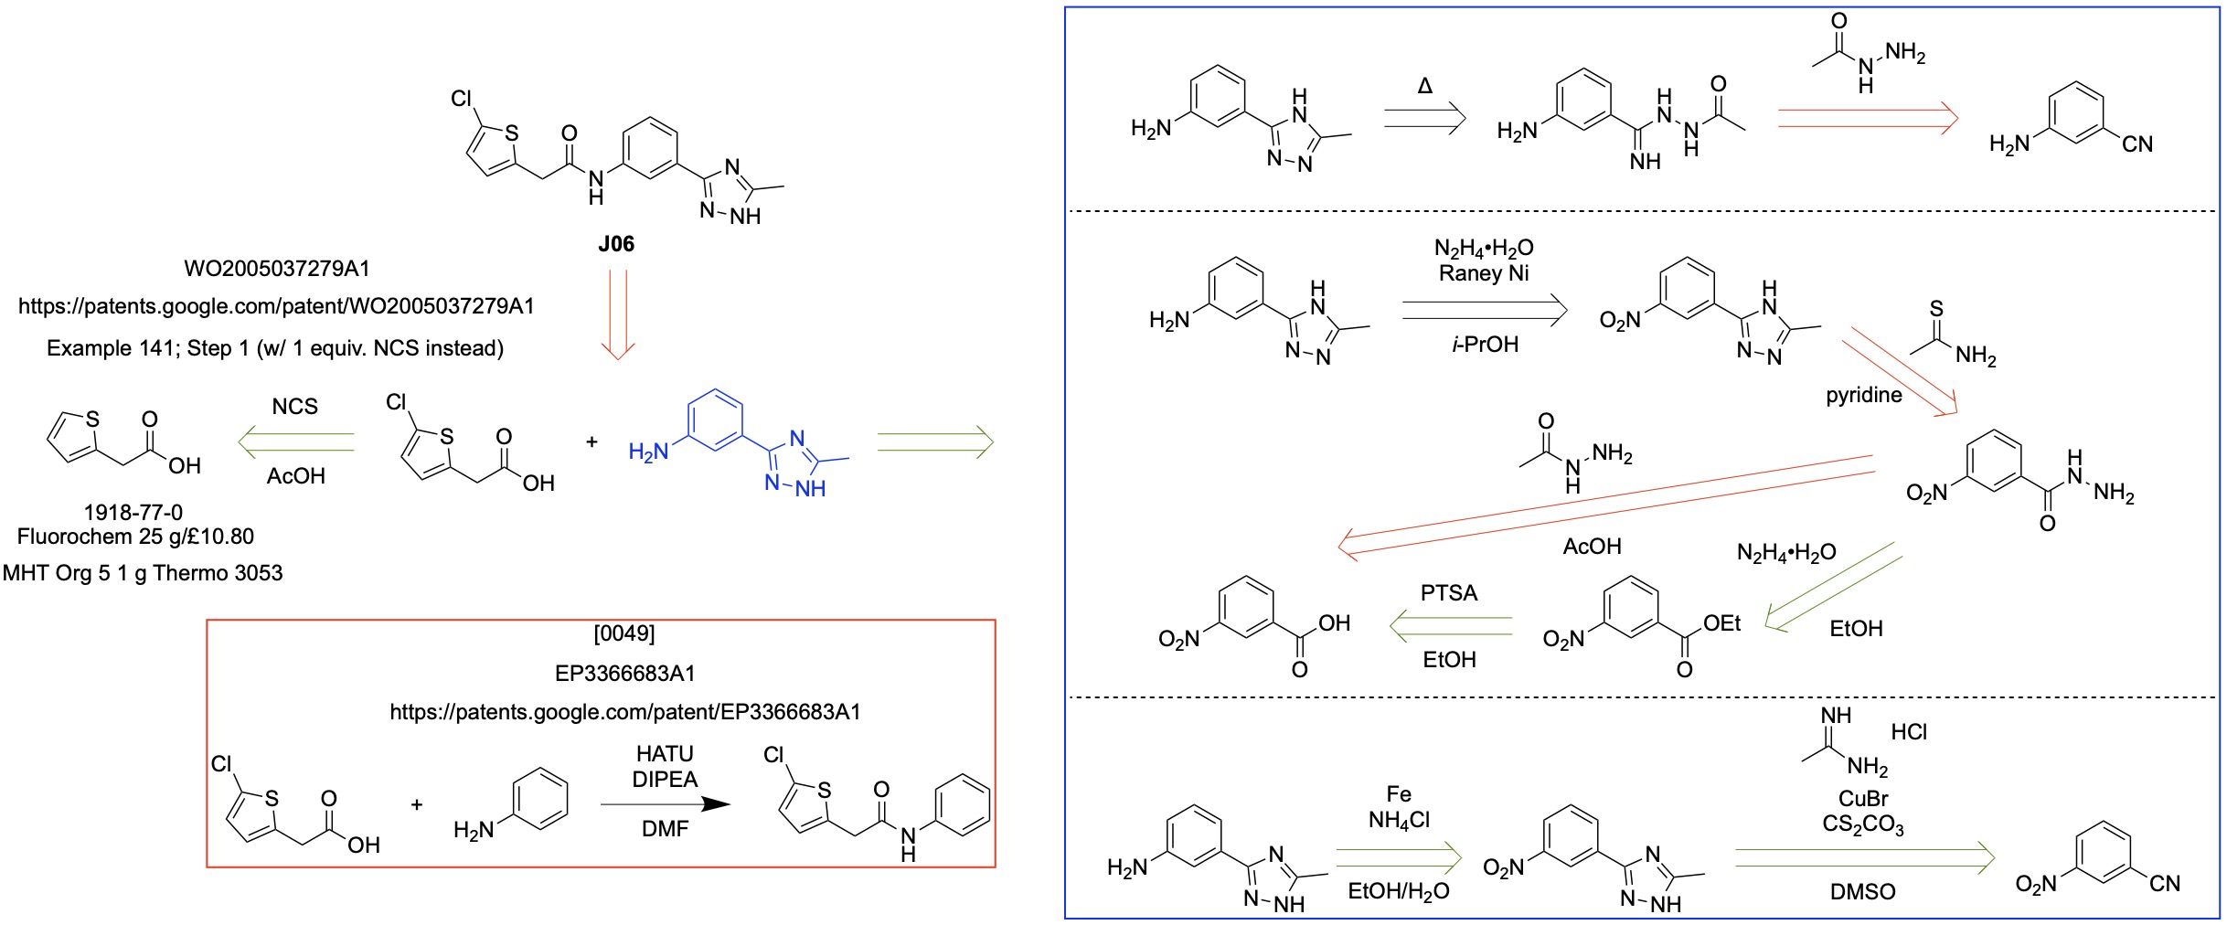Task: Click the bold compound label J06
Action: [615, 244]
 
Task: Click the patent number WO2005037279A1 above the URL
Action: [276, 268]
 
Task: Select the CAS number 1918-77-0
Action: [133, 512]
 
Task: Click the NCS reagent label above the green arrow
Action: [294, 407]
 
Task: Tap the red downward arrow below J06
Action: [618, 315]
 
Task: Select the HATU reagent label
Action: [665, 754]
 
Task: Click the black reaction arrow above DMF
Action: [665, 804]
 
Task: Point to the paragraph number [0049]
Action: [624, 633]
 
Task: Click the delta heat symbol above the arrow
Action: [1424, 87]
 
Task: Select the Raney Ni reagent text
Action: [1483, 273]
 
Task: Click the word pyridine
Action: [1863, 395]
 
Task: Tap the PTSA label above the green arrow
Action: [1448, 593]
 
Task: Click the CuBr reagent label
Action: [1863, 798]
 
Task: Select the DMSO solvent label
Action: [1862, 891]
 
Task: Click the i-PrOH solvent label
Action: [1484, 345]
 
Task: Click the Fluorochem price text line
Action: [135, 537]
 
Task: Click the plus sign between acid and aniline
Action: [417, 805]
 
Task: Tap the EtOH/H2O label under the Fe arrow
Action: [1398, 891]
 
